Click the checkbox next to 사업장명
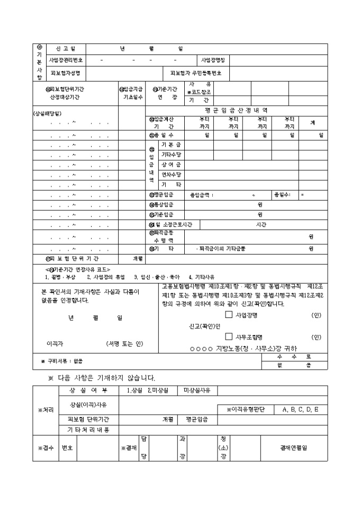click(x=229, y=315)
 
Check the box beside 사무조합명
click(x=229, y=337)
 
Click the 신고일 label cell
click(x=66, y=49)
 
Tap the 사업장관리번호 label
click(x=66, y=60)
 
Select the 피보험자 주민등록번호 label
click(x=196, y=72)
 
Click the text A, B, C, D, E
click(x=301, y=410)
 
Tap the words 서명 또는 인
click(x=124, y=344)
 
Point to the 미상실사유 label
click(x=197, y=390)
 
